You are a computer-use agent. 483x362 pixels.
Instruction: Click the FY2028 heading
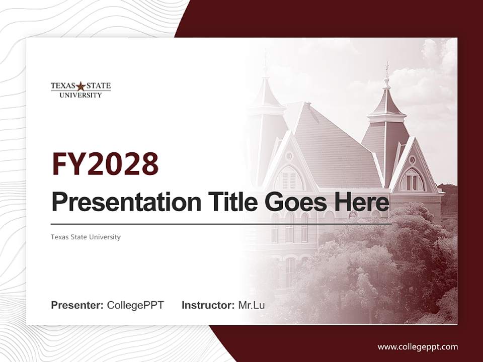click(x=105, y=164)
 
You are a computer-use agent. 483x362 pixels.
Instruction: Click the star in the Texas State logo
click(x=81, y=86)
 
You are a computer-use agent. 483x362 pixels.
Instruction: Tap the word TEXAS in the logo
click(x=63, y=86)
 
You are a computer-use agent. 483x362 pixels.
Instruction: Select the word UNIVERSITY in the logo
click(x=80, y=95)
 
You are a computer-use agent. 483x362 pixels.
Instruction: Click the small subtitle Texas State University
click(x=86, y=237)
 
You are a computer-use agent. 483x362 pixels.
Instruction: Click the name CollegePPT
click(x=135, y=305)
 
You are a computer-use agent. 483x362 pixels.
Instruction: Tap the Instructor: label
click(x=208, y=305)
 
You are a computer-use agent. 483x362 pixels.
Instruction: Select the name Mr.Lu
click(x=252, y=305)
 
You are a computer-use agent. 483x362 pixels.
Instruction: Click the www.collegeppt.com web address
click(x=418, y=346)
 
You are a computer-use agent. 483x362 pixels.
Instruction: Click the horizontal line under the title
click(x=221, y=224)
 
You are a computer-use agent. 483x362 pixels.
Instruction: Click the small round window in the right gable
click(x=412, y=160)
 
